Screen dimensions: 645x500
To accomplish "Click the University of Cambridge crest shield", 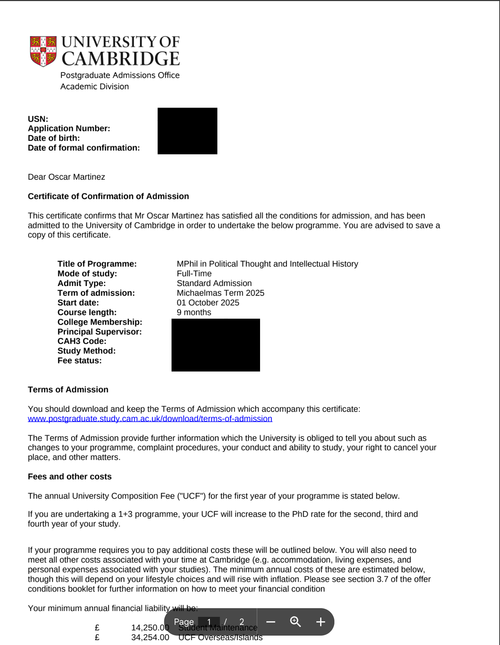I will pos(43,51).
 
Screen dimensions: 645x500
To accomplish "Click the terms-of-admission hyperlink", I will pos(150,419).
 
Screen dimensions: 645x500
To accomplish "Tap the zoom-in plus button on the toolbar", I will pos(321,622).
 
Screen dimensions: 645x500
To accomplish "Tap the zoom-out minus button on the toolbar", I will pos(271,622).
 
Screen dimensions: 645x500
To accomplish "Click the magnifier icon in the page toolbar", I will pos(295,621).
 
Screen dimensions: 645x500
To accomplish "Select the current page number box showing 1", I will pos(209,622).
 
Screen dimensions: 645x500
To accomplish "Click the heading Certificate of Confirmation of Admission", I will pos(108,196).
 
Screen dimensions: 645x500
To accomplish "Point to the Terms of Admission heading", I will pos(68,390).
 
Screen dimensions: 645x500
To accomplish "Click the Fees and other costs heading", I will pos(70,476).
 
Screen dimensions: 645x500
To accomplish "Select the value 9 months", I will pos(194,312).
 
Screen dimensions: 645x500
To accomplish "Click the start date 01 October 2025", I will pos(208,303).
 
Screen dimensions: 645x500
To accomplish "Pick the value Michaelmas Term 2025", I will pos(220,293).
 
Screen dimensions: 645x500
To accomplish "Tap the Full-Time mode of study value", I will pos(194,273).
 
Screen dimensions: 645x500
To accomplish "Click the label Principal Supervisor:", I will pos(100,332).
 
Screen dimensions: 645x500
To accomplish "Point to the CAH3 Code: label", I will pos(82,341).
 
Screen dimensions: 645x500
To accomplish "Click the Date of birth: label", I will pos(54,138).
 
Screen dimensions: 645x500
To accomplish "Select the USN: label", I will pos(38,119).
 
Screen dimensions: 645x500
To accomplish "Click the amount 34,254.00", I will pos(150,637).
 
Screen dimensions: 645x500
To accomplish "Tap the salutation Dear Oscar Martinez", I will pos(66,177).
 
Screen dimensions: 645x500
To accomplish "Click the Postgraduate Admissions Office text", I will pos(120,75).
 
